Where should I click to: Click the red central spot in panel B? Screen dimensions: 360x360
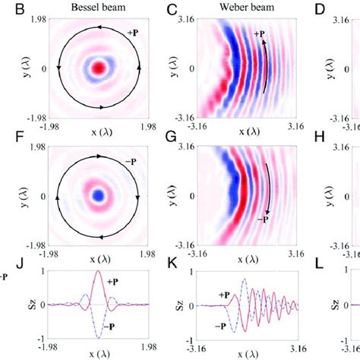97,68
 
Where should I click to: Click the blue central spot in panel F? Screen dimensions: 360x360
97,195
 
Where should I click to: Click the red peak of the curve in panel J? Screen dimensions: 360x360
97,272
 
